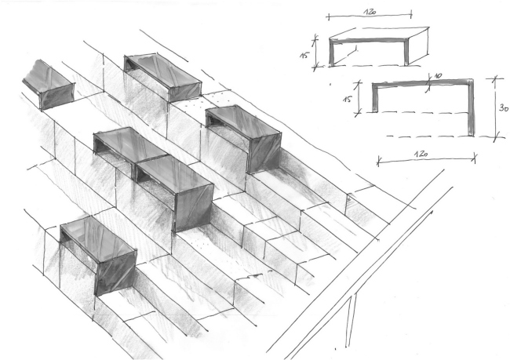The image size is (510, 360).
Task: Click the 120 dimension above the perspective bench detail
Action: [x=370, y=12]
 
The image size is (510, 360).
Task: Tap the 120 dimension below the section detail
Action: [x=421, y=154]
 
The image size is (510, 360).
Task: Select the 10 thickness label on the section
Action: [x=438, y=76]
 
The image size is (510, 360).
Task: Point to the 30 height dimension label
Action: [x=504, y=107]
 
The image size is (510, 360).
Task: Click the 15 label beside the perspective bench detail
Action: [x=304, y=54]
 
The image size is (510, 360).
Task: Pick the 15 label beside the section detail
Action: [x=348, y=98]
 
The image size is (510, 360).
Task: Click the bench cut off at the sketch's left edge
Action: [x=48, y=85]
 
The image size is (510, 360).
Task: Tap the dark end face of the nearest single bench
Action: [x=116, y=272]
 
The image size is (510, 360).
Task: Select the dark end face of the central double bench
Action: [x=194, y=209]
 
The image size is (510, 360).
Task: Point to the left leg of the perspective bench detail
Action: [x=332, y=53]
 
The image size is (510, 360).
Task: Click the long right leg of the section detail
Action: [x=471, y=107]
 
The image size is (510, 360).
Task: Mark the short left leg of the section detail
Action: [x=375, y=98]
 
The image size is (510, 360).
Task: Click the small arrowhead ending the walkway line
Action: [x=432, y=213]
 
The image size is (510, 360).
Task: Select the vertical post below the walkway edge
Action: [x=352, y=320]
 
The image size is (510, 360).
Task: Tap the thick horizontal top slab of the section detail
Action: [x=423, y=82]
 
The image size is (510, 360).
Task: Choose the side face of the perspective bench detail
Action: [x=418, y=46]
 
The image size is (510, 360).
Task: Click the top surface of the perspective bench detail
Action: [x=379, y=33]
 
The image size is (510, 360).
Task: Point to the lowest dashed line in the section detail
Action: [x=441, y=136]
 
